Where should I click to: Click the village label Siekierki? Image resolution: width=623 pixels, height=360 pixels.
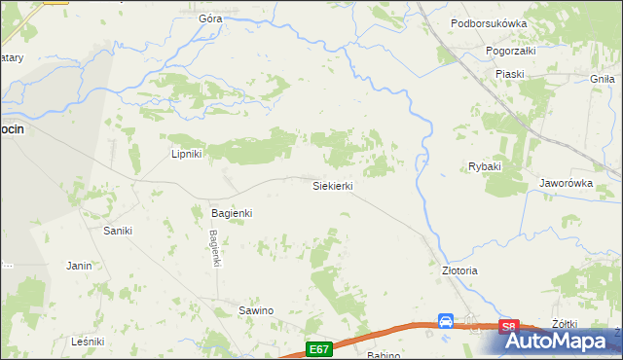click(x=332, y=185)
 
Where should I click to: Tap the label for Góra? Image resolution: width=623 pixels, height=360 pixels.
click(x=210, y=18)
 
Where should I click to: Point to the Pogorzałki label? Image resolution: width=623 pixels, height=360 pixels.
click(x=511, y=49)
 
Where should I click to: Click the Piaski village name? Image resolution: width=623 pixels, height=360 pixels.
click(x=509, y=74)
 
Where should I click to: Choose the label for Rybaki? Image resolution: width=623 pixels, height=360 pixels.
click(x=484, y=166)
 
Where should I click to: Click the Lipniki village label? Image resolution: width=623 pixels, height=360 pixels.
click(x=186, y=154)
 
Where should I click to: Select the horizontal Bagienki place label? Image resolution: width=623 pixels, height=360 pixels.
click(x=233, y=212)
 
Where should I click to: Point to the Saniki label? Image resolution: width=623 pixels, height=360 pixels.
click(x=118, y=231)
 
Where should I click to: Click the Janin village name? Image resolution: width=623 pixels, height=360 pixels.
click(x=79, y=265)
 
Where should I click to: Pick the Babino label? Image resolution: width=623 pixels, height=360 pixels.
click(x=384, y=355)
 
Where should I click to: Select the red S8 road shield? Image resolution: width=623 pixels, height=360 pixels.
click(x=508, y=327)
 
